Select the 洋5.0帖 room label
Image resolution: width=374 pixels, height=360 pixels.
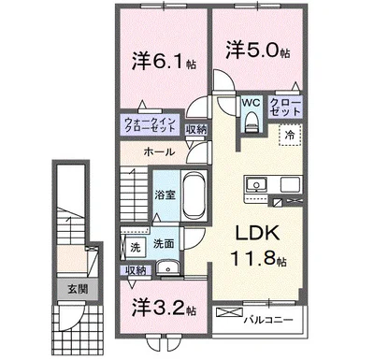(x=255, y=49)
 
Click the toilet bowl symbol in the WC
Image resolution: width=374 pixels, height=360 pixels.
(x=248, y=122)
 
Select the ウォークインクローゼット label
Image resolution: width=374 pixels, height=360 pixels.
(x=149, y=125)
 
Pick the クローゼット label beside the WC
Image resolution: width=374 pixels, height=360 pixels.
(x=283, y=106)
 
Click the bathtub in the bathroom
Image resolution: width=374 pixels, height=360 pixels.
(x=194, y=196)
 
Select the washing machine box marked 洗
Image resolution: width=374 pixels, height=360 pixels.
(x=135, y=247)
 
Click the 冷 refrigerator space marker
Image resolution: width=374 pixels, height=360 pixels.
(x=290, y=136)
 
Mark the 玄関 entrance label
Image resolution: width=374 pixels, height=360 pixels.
(x=76, y=290)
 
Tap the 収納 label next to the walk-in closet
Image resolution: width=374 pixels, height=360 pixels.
(x=196, y=129)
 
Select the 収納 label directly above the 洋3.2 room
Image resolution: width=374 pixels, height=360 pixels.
(x=135, y=270)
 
